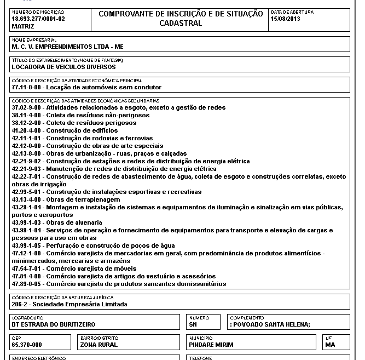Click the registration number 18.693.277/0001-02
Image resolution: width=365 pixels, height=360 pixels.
click(38, 18)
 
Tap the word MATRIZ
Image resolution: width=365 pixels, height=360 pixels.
click(23, 25)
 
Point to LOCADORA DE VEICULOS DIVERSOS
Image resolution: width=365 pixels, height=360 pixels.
click(63, 67)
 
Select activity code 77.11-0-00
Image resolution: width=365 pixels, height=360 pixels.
click(27, 87)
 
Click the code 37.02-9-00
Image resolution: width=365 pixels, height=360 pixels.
click(27, 108)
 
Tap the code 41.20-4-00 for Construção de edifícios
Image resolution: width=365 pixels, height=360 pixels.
click(27, 131)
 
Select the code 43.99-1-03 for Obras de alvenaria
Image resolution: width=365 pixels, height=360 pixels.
click(27, 222)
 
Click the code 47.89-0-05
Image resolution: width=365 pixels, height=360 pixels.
click(27, 284)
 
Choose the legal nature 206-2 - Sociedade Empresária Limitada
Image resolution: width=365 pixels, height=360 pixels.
click(69, 304)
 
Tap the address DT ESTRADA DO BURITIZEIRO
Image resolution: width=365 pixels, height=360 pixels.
click(54, 324)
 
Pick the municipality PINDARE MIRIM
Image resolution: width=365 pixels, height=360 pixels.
click(211, 345)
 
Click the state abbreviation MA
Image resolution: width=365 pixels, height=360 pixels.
click(329, 345)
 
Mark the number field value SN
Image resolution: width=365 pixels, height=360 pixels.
click(193, 324)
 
